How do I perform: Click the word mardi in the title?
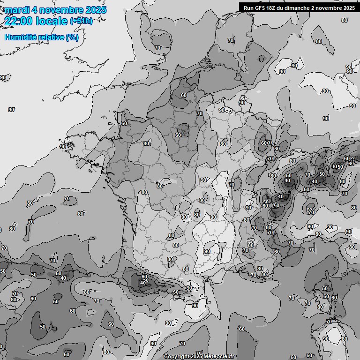(16, 10)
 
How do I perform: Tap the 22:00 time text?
(18, 21)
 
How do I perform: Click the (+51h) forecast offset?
(81, 21)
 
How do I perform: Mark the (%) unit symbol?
(72, 37)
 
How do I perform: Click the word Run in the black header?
(249, 7)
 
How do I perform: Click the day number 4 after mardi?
(35, 10)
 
